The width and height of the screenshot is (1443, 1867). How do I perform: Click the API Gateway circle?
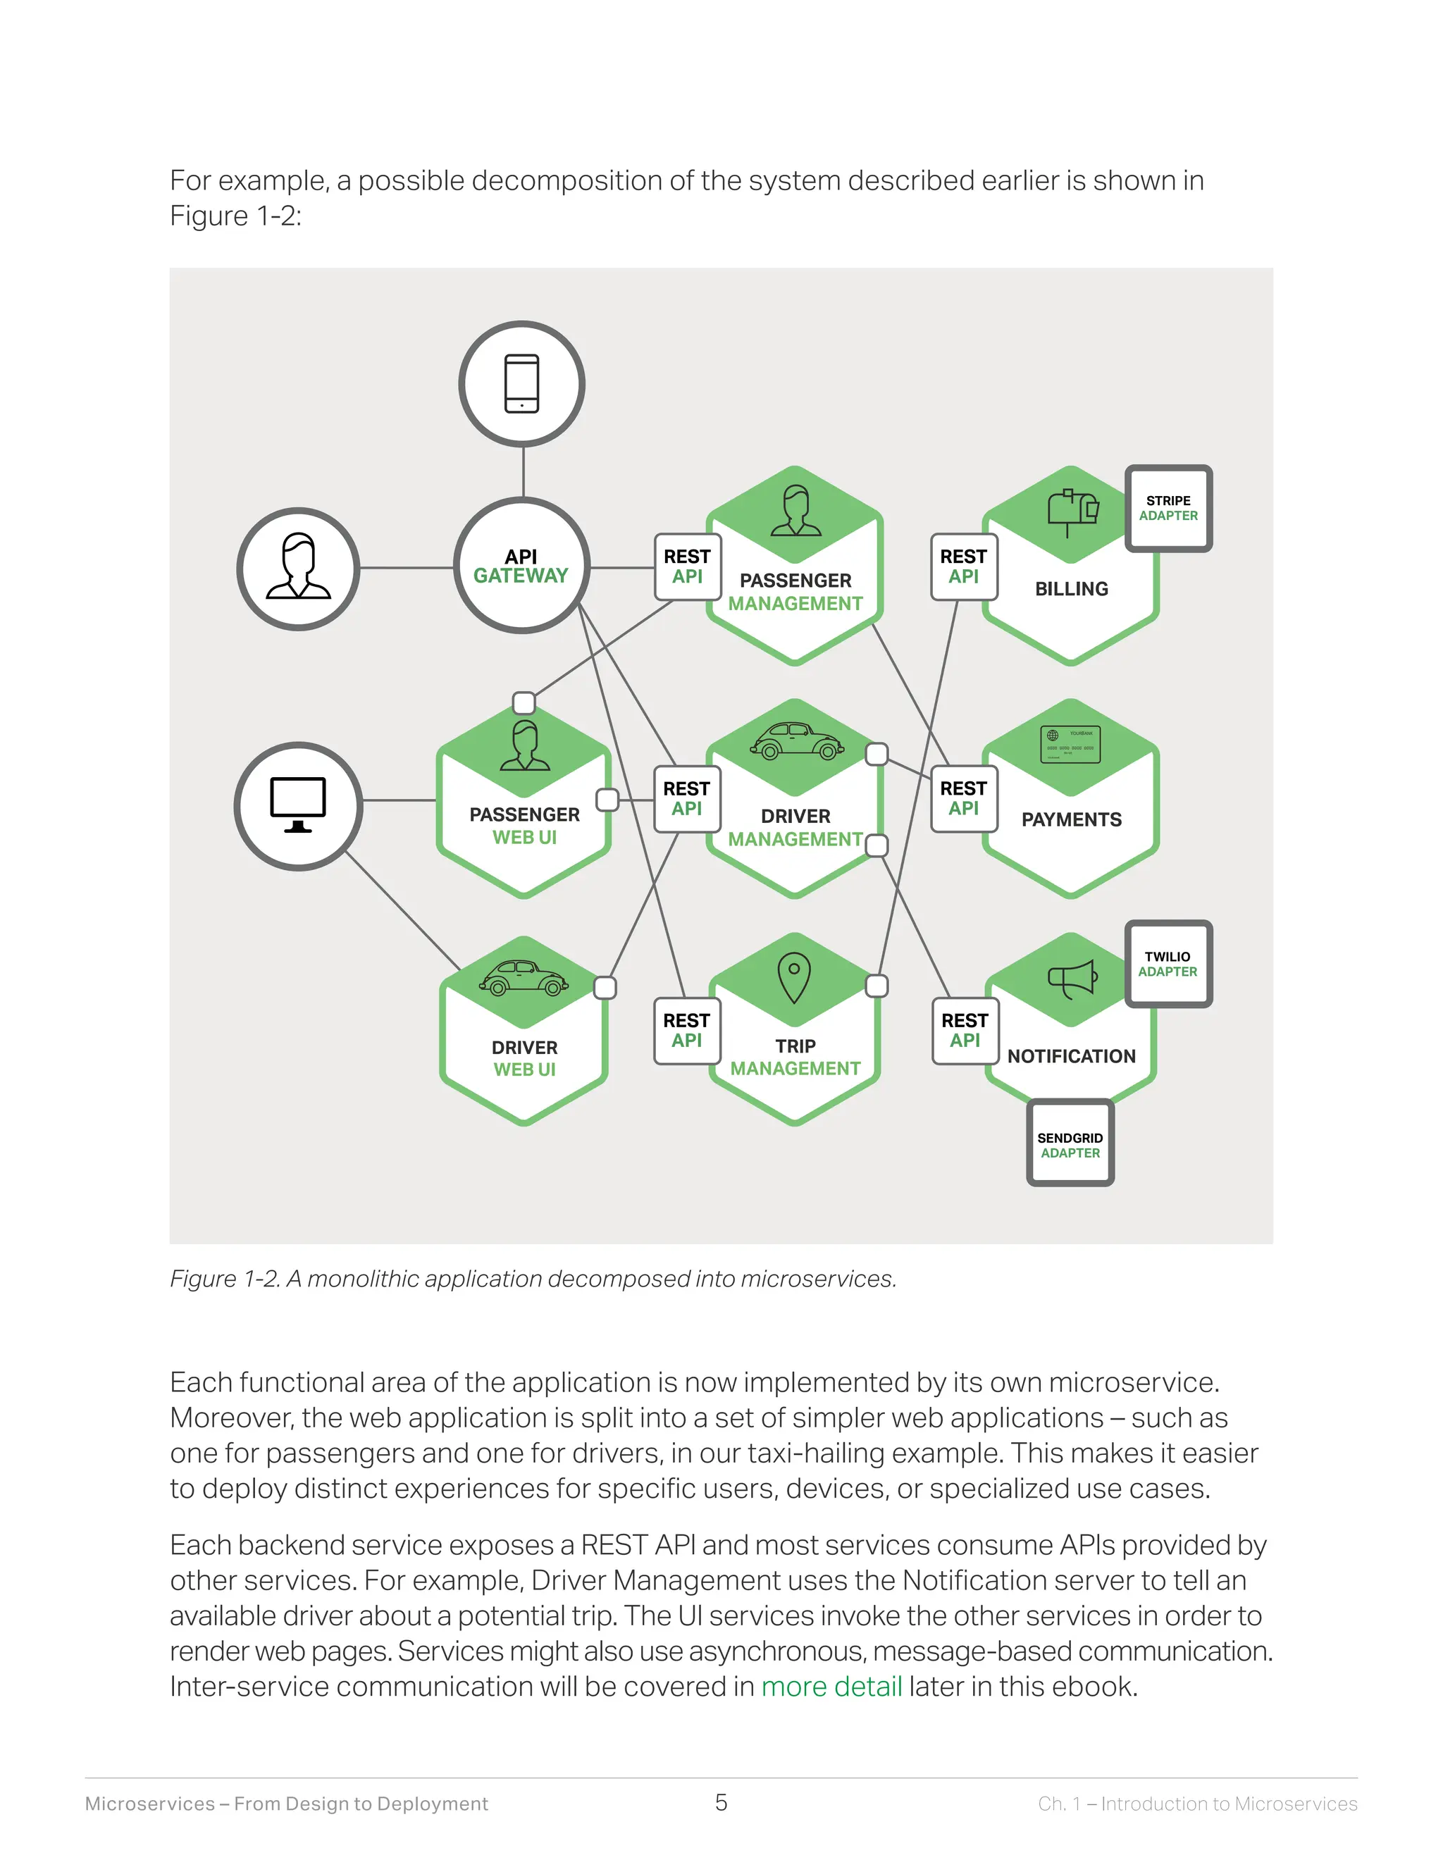coord(521,566)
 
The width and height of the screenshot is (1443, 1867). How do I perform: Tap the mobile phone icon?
coord(521,384)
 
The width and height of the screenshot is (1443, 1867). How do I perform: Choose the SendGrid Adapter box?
coord(1070,1146)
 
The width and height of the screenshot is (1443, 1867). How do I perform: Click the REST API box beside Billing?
coord(963,566)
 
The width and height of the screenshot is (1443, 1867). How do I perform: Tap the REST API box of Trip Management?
coord(686,1031)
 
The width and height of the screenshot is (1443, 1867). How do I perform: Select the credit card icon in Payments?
coord(1070,745)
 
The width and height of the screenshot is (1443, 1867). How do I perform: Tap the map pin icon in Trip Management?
coord(794,978)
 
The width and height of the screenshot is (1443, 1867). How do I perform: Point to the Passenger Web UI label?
coord(525,826)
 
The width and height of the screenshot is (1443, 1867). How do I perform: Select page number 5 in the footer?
coord(721,1803)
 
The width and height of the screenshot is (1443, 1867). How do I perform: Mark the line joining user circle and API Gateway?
coord(406,568)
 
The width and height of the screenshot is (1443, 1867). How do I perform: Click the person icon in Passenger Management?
coord(795,510)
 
